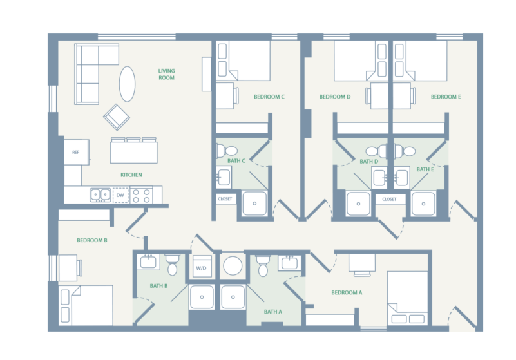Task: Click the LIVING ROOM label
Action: (167, 74)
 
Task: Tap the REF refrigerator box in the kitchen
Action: (75, 152)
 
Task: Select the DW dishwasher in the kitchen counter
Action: (120, 194)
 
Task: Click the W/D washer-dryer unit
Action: (200, 267)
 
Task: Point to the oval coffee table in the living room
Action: (128, 84)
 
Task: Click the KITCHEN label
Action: (131, 175)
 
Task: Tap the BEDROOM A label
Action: (347, 292)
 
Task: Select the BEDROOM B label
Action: (91, 240)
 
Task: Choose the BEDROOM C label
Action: (269, 97)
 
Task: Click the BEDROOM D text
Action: (335, 97)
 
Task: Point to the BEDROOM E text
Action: (446, 97)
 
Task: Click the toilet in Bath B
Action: (172, 264)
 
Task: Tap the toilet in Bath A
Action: (262, 264)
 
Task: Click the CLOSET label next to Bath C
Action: (225, 199)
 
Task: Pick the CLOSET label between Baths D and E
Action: (389, 200)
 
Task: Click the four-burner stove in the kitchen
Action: (141, 194)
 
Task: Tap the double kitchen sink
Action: (100, 193)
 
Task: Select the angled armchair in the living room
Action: (117, 117)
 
